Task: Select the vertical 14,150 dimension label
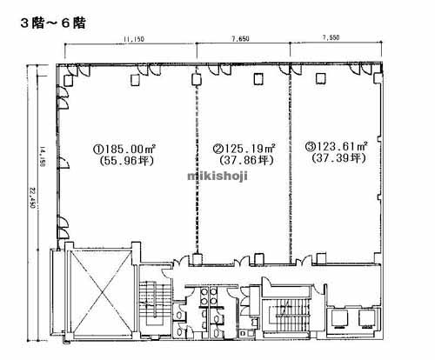[x=41, y=157]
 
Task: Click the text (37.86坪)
[x=244, y=161]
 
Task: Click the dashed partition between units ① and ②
[x=197, y=165]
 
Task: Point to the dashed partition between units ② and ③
[x=291, y=165]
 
